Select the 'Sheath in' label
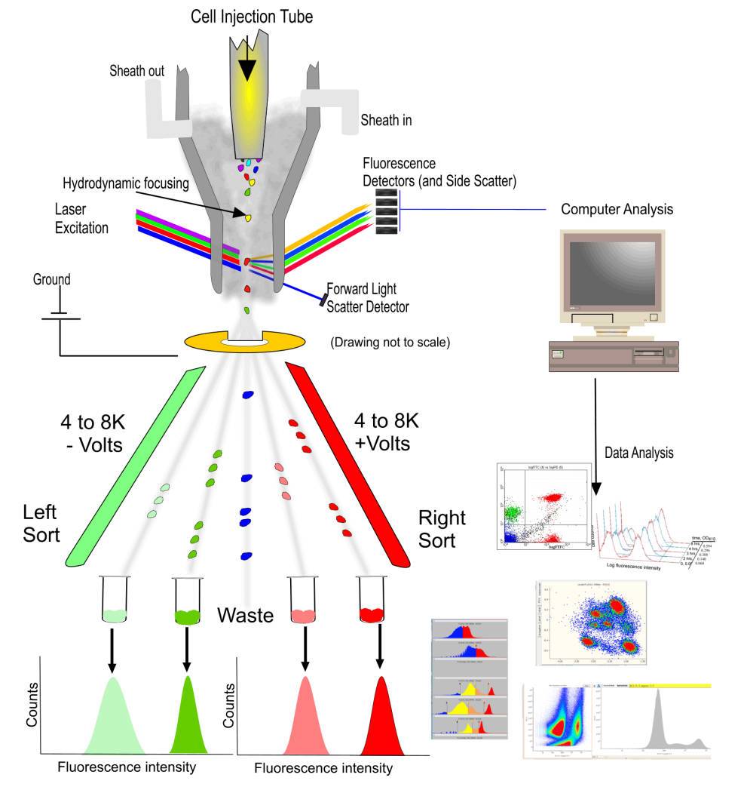click(x=386, y=120)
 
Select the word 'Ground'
click(x=52, y=280)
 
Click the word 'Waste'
click(x=246, y=615)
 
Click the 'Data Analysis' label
click(x=640, y=453)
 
